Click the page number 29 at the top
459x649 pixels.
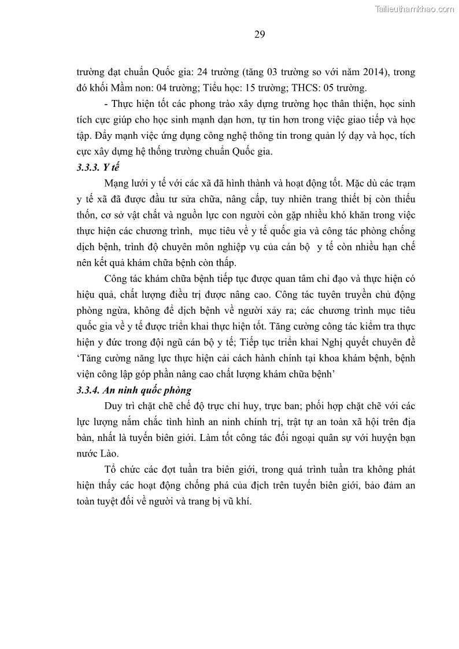pyautogui.click(x=259, y=34)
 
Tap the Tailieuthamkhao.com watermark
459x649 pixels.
pyautogui.click(x=414, y=9)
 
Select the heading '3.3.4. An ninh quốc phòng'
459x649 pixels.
pyautogui.click(x=134, y=390)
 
